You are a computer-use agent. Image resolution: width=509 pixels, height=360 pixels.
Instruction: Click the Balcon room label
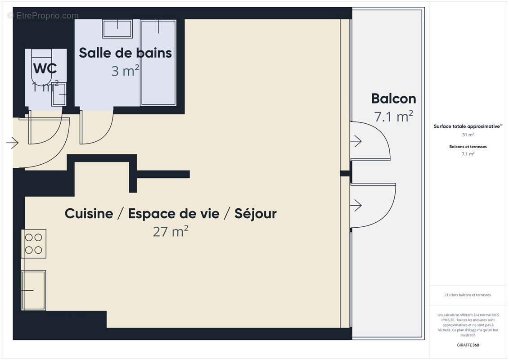pyautogui.click(x=393, y=99)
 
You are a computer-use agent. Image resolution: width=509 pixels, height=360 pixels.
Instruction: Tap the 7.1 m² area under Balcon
pyautogui.click(x=393, y=117)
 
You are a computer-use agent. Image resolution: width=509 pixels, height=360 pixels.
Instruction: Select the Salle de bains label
pyautogui.click(x=125, y=53)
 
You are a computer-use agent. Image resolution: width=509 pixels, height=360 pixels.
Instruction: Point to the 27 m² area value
pyautogui.click(x=171, y=232)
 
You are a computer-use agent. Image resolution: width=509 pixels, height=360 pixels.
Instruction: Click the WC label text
pyautogui.click(x=45, y=69)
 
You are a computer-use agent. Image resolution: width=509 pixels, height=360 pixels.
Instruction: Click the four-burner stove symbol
pyautogui.click(x=34, y=243)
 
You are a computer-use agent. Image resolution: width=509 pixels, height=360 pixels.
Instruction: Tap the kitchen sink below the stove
pyautogui.click(x=34, y=290)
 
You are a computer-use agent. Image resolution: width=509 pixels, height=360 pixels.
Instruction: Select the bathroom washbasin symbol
pyautogui.click(x=117, y=29)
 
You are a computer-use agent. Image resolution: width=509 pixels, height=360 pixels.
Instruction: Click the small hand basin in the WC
pyautogui.click(x=59, y=94)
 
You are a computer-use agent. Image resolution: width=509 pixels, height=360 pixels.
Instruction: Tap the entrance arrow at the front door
pyautogui.click(x=12, y=144)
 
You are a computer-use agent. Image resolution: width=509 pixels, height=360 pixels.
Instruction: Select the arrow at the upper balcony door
pyautogui.click(x=356, y=141)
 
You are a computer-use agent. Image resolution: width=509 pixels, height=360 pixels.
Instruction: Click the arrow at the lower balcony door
pyautogui.click(x=356, y=206)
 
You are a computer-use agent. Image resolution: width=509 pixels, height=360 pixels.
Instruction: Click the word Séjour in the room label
pyautogui.click(x=256, y=213)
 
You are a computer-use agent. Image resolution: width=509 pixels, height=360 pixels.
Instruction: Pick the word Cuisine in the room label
pyautogui.click(x=89, y=213)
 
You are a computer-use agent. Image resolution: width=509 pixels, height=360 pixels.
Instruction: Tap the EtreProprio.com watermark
pyautogui.click(x=43, y=16)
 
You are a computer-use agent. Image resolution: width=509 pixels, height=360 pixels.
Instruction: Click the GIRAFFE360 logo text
pyautogui.click(x=468, y=345)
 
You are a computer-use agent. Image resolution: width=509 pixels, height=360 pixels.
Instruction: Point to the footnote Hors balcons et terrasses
pyautogui.click(x=468, y=295)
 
